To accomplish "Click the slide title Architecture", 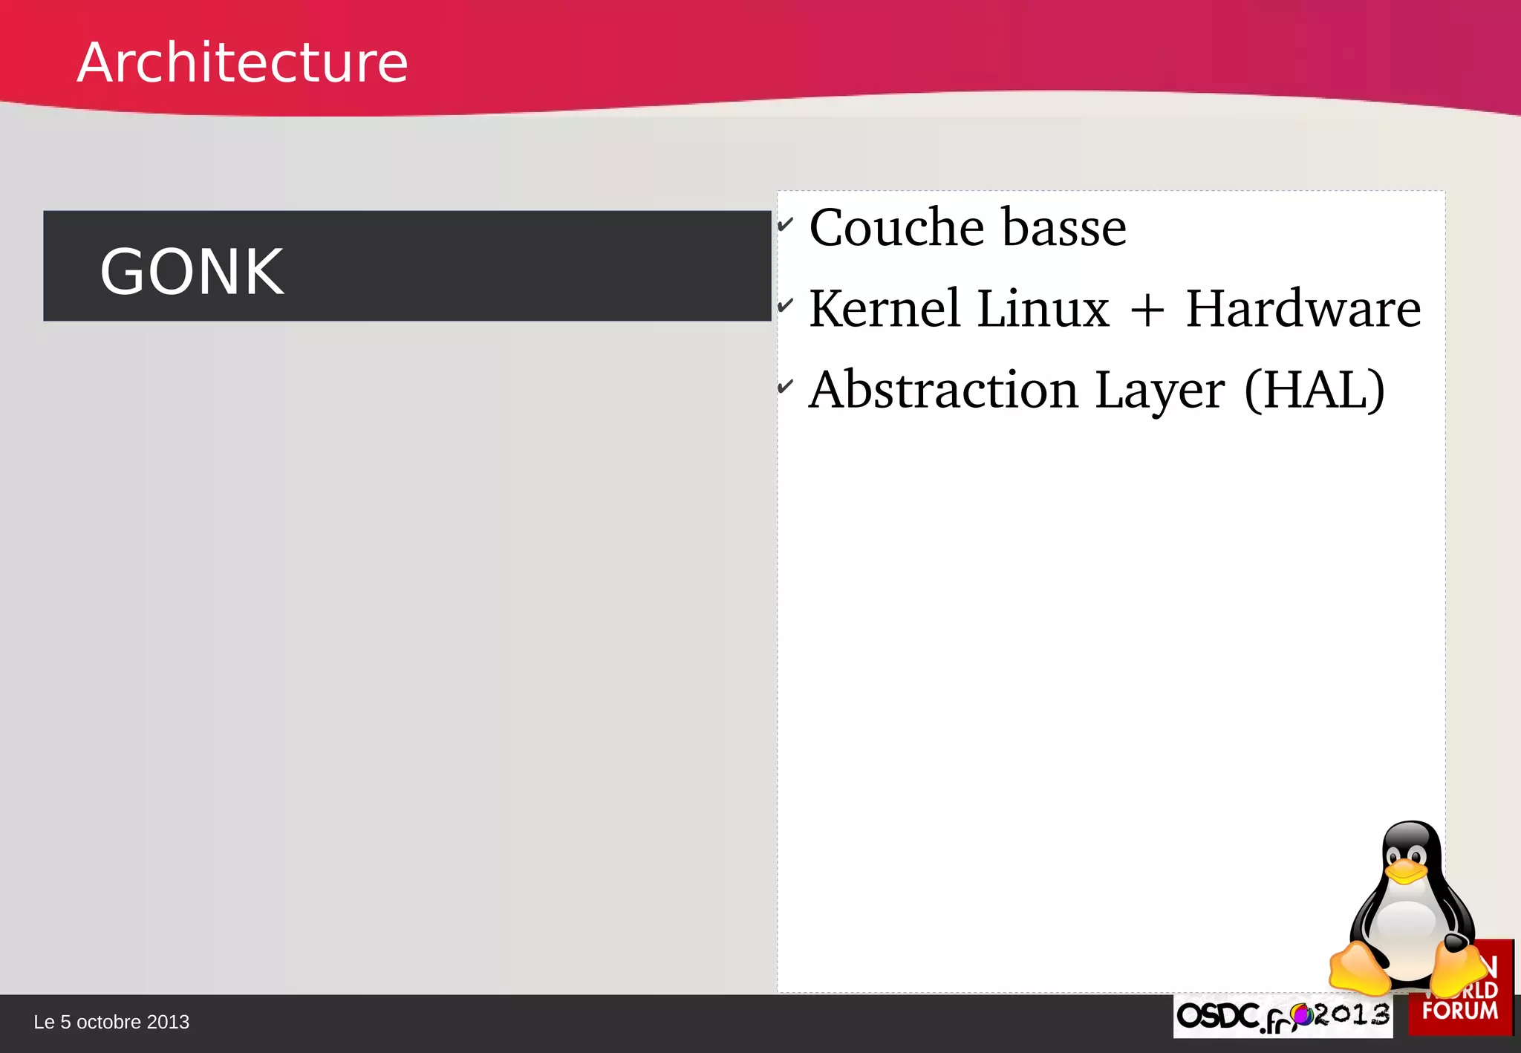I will (242, 62).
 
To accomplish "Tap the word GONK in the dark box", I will (192, 272).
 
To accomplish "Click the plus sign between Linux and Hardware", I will (1147, 310).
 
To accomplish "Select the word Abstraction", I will (943, 390).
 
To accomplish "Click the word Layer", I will (1159, 391).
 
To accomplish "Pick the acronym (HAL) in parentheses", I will (1314, 390).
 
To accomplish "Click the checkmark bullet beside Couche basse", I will (786, 224).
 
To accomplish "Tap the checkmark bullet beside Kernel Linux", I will (786, 304).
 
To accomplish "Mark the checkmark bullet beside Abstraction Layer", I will (786, 386).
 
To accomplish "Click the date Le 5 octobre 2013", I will (111, 1023).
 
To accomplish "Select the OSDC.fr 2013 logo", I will (1283, 1016).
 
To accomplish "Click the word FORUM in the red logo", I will (1459, 1011).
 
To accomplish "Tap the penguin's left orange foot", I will (1359, 968).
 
